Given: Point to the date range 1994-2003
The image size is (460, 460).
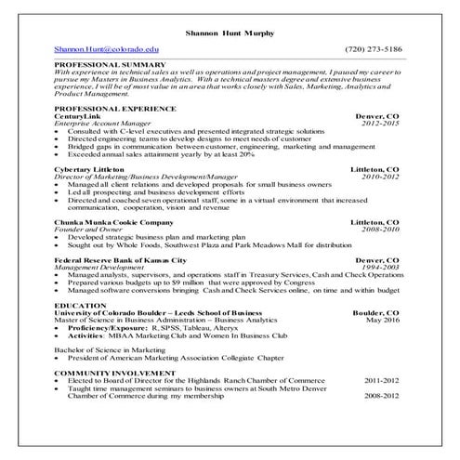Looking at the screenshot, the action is (x=380, y=267).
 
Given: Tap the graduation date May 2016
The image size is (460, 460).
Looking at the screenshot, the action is (x=383, y=318).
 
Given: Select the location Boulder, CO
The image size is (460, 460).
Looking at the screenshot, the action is (x=376, y=311).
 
